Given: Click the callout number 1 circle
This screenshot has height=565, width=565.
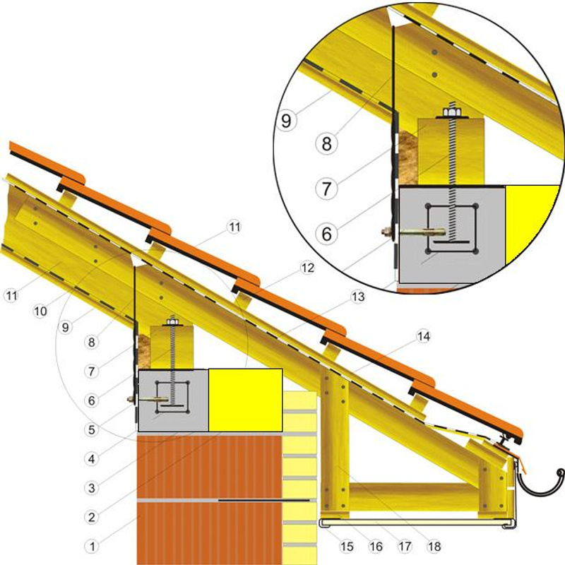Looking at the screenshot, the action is pyautogui.click(x=92, y=546).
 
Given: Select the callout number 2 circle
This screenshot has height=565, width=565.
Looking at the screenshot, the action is pyautogui.click(x=92, y=517).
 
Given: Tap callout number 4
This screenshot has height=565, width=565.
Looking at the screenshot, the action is pyautogui.click(x=92, y=458).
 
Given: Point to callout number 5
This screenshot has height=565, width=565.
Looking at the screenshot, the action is pyautogui.click(x=92, y=429).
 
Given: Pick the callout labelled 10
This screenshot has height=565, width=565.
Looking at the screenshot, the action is pyautogui.click(x=40, y=311).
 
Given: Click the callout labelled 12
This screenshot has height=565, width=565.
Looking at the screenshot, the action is pyautogui.click(x=307, y=268).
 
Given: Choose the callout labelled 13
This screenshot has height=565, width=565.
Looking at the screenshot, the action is pyautogui.click(x=358, y=297).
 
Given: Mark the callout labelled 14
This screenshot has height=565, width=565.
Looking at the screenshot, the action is pyautogui.click(x=423, y=336).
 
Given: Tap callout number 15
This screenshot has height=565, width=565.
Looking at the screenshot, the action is pyautogui.click(x=346, y=546).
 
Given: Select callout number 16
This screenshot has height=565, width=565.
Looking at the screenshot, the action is pyautogui.click(x=376, y=546).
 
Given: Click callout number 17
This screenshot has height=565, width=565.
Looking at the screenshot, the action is pyautogui.click(x=405, y=546).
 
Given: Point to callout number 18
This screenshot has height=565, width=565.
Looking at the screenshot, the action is pyautogui.click(x=434, y=546).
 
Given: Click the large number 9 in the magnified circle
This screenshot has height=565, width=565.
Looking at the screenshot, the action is pyautogui.click(x=287, y=120).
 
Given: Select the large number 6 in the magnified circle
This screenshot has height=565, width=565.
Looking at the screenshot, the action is pyautogui.click(x=326, y=234).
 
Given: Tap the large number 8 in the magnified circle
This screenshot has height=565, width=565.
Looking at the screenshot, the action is pyautogui.click(x=326, y=143).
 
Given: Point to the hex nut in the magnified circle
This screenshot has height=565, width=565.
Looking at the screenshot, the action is pyautogui.click(x=451, y=112).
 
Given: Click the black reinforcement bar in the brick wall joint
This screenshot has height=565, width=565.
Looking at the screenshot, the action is pyautogui.click(x=264, y=500).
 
